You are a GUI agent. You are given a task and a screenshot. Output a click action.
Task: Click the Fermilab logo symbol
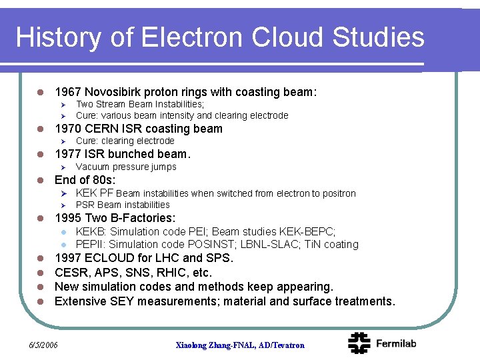(359, 343)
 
